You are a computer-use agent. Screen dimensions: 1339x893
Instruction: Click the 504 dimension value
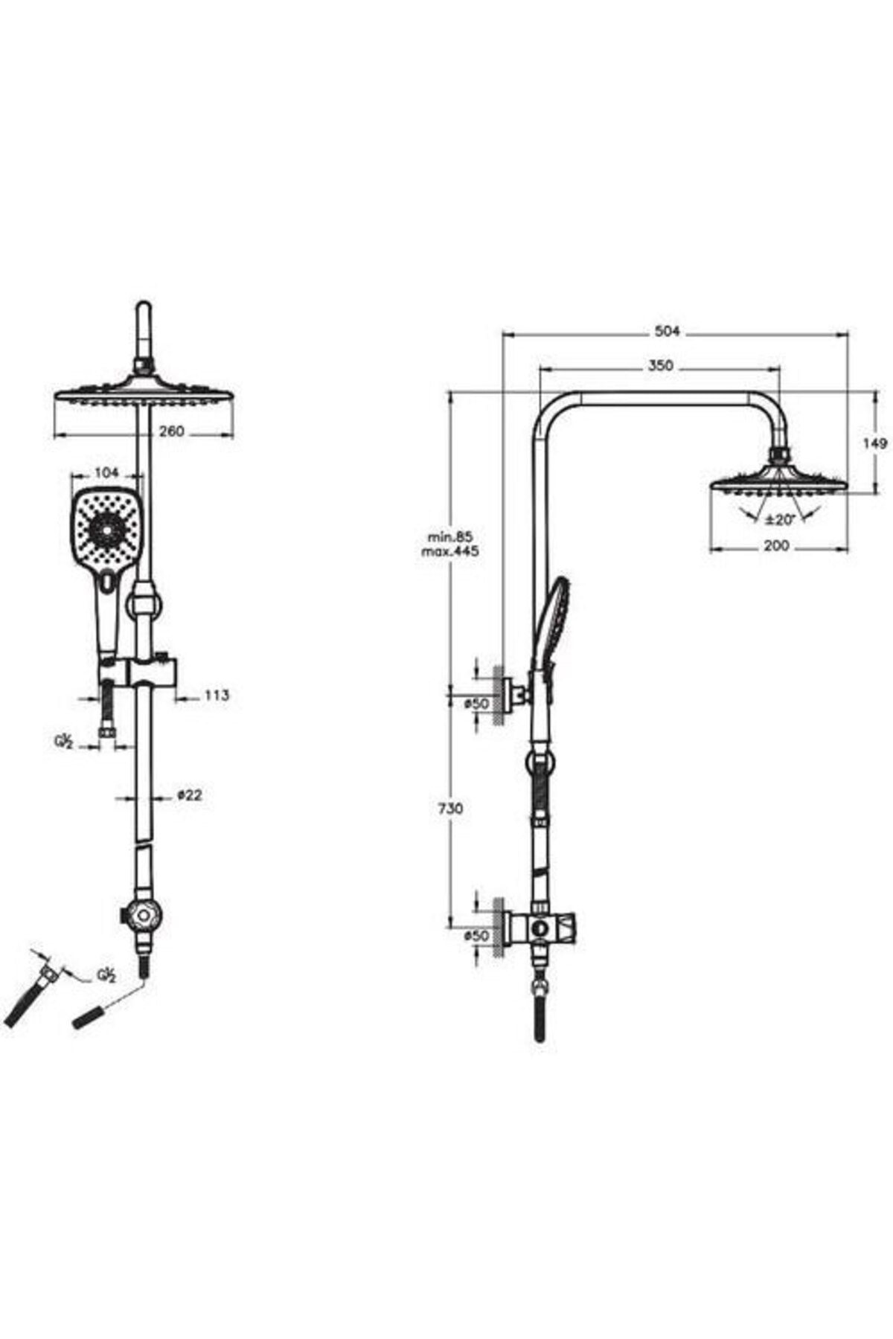(667, 332)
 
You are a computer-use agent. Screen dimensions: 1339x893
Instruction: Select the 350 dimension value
(660, 365)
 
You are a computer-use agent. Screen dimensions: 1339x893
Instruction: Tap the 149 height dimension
(875, 443)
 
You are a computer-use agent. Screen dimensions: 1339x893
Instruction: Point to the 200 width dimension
(776, 546)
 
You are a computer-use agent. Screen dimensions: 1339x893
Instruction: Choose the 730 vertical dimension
(451, 808)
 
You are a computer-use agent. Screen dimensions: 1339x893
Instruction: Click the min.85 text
(450, 536)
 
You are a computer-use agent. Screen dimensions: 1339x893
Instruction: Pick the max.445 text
(450, 551)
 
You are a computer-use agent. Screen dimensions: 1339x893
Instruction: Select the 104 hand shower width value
(107, 472)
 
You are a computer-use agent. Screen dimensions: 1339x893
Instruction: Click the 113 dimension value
(216, 696)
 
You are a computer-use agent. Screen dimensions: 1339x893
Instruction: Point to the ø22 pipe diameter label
(190, 795)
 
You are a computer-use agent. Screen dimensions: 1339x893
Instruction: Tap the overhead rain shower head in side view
(778, 479)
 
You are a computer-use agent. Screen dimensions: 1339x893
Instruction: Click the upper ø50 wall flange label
(476, 703)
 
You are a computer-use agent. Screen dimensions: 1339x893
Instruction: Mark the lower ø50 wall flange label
(476, 936)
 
